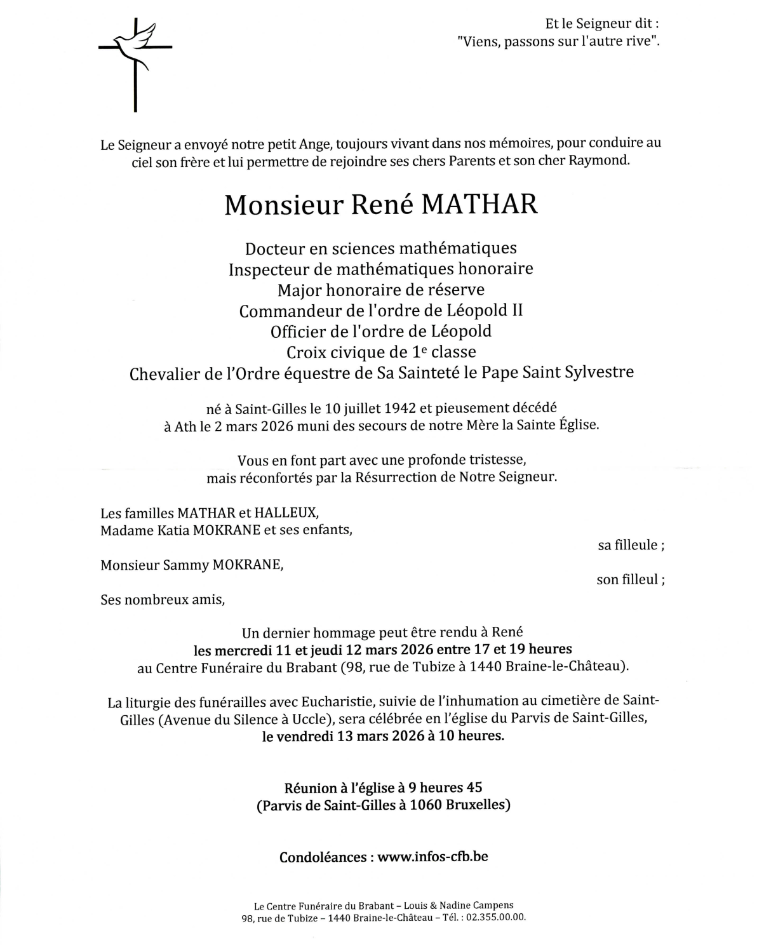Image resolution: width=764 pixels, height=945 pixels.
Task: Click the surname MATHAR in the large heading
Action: [479, 204]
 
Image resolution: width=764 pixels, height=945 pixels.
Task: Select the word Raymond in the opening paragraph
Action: [599, 160]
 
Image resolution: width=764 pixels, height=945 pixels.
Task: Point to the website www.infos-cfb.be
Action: [432, 856]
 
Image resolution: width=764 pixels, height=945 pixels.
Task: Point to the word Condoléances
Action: [323, 857]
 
